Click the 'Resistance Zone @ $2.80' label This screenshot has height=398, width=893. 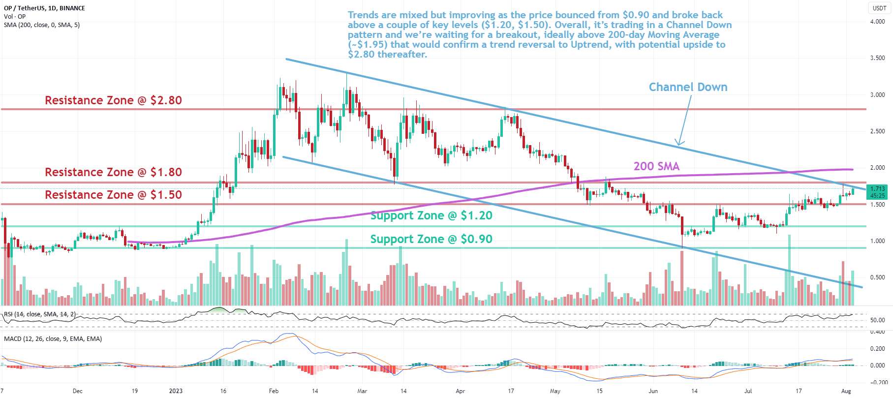pos(113,100)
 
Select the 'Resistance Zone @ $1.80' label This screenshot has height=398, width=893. pos(113,172)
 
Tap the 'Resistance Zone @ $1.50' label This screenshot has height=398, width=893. pos(113,195)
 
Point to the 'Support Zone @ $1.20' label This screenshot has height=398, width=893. pos(431,215)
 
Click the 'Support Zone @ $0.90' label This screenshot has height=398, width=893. pos(431,239)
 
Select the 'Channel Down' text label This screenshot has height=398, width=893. pos(688,87)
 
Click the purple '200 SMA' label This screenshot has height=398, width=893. pos(656,166)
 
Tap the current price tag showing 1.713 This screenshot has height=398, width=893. pos(877,189)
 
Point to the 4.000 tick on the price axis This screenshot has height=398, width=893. pos(877,22)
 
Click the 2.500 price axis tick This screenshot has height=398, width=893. pos(877,131)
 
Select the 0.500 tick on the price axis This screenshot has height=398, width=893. pos(877,277)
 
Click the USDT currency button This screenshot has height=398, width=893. pos(879,8)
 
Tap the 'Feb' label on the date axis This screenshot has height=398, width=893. pos(274,391)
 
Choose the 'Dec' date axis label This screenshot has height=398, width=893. pos(77,391)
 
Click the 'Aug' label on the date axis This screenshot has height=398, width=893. pos(846,391)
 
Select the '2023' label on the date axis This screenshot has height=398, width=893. pos(176,391)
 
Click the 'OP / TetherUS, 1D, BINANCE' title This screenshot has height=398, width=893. pos(44,8)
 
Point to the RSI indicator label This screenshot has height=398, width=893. pos(40,314)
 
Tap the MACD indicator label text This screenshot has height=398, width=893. pos(53,339)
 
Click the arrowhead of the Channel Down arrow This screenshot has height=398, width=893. pos(679,144)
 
